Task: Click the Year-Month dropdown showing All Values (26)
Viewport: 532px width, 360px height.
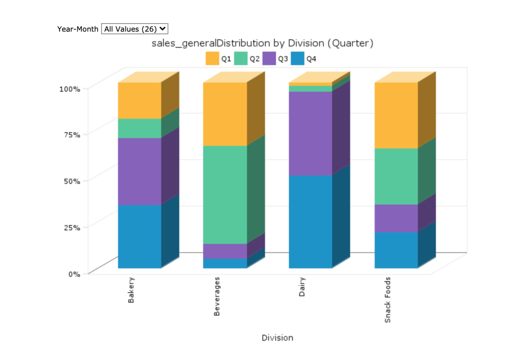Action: tap(135, 29)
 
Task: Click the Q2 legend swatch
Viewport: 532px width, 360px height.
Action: tap(241, 59)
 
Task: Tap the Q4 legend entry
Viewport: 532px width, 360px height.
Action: tap(304, 59)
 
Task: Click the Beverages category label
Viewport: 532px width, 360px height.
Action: tap(217, 296)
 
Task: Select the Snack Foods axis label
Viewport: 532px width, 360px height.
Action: tap(387, 300)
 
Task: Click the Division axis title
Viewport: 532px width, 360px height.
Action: tap(277, 338)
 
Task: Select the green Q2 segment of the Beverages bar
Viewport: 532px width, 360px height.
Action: tap(225, 195)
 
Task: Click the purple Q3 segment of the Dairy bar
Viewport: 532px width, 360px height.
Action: tap(310, 133)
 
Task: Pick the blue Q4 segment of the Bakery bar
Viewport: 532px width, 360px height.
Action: tap(140, 236)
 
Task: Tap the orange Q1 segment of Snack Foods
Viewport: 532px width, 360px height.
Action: tap(396, 115)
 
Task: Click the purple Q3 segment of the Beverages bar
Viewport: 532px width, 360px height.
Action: tap(225, 251)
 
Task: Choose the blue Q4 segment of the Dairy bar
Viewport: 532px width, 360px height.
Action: tap(310, 222)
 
